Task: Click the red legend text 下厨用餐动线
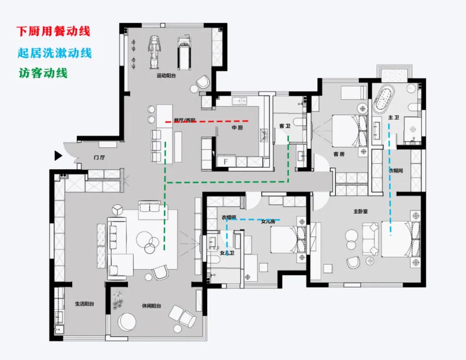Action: point(54,32)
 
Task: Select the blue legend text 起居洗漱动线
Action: point(55,53)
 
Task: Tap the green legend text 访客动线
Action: point(43,73)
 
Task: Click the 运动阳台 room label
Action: point(166,76)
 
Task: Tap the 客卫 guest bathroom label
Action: point(284,126)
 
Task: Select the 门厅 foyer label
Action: point(99,158)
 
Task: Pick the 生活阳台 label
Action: point(84,304)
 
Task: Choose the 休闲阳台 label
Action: point(151,306)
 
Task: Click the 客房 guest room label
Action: point(339,154)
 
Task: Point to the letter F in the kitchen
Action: point(225,162)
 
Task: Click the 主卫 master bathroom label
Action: point(393,117)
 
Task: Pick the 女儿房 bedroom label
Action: point(268,222)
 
